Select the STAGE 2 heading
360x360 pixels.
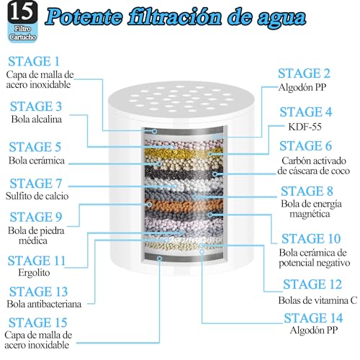tap(305, 73)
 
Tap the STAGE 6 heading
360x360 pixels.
tap(305, 146)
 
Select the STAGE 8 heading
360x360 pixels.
tap(305, 191)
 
